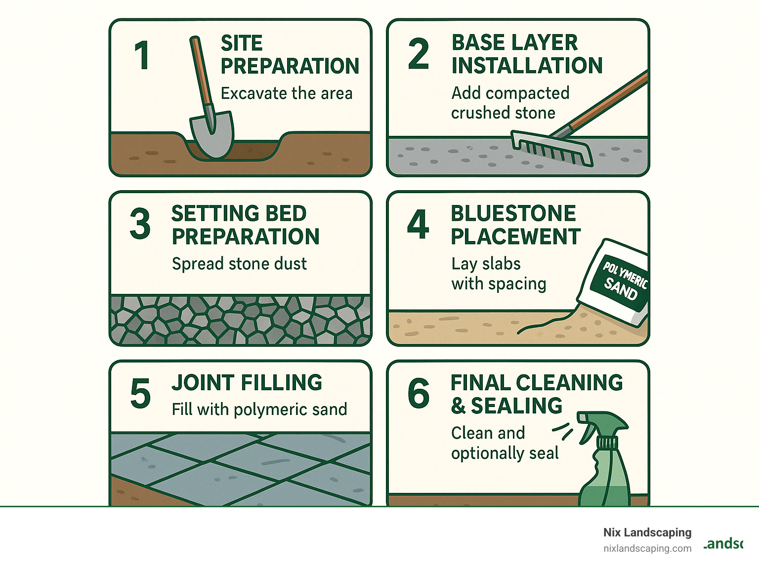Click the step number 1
click(x=142, y=55)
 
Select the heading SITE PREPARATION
click(x=289, y=54)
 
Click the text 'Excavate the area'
click(x=286, y=93)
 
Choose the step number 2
click(x=419, y=54)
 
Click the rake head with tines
click(x=551, y=148)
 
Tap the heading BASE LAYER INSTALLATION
click(x=526, y=54)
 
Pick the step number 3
click(x=140, y=224)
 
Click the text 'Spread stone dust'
click(x=239, y=264)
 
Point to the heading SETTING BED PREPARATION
click(x=245, y=225)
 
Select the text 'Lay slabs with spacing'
click(x=498, y=274)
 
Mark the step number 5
click(x=140, y=394)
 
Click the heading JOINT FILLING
click(x=247, y=383)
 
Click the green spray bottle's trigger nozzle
click(x=595, y=425)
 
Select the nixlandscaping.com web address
click(x=647, y=548)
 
